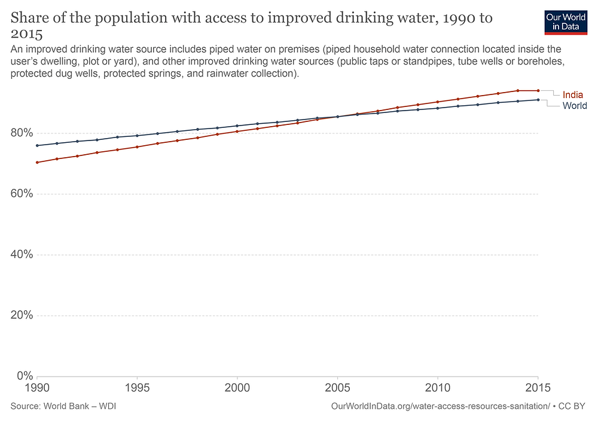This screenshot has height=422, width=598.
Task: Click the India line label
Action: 572,95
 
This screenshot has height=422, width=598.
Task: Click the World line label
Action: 575,106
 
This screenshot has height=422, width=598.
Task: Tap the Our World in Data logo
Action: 566,23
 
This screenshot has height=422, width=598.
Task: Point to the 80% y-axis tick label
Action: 22,133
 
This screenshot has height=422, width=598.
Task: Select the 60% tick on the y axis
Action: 22,194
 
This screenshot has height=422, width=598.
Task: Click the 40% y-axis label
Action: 22,254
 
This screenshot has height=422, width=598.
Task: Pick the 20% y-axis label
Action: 22,315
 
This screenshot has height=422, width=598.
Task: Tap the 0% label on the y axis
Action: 25,376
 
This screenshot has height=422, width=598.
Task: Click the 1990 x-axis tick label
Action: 37,388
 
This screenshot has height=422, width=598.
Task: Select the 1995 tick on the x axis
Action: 137,388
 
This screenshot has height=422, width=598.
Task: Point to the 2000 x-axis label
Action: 237,388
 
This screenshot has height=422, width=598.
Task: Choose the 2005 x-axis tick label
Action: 337,388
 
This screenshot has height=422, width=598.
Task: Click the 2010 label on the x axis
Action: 438,388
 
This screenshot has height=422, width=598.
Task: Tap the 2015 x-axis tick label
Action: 538,388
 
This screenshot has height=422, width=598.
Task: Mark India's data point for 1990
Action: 37,163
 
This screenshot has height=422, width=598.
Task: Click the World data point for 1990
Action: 37,146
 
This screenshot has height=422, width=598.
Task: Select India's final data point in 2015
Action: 538,91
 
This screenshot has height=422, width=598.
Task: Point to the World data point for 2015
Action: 538,100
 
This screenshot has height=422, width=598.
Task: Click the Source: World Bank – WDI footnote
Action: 63,406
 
